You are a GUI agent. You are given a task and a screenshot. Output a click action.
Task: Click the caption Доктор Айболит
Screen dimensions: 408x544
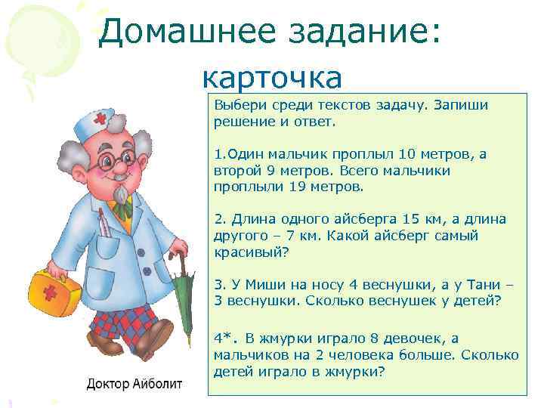click(134, 384)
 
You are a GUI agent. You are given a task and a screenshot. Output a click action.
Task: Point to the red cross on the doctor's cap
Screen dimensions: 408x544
click(101, 120)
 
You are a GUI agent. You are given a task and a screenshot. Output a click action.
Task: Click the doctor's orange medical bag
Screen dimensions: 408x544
click(55, 290)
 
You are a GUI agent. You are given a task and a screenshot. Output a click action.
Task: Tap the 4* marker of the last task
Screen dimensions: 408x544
click(224, 338)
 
